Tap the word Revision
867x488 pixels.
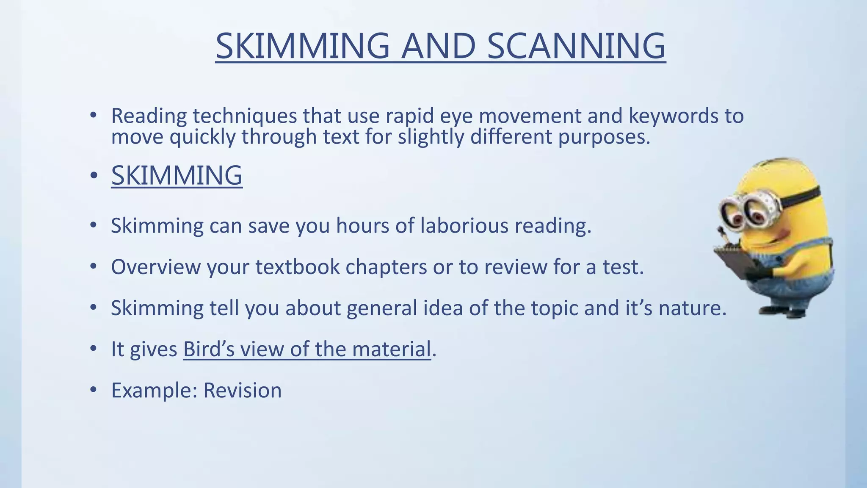click(x=242, y=390)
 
